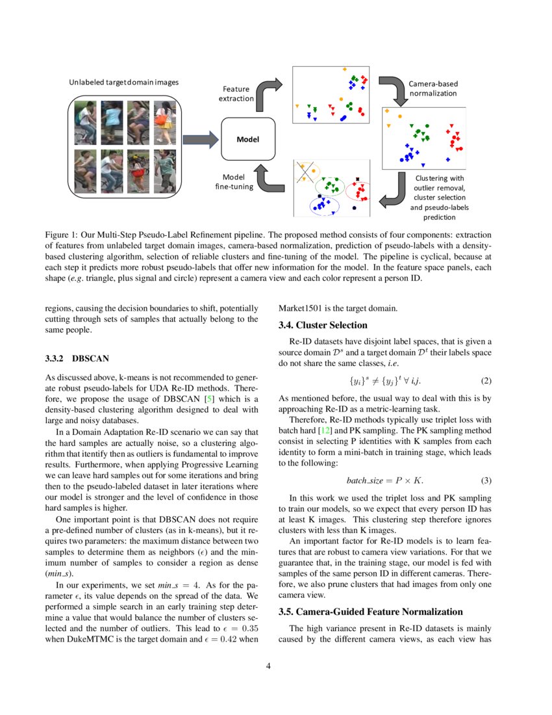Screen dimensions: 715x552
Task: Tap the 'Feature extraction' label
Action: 236,94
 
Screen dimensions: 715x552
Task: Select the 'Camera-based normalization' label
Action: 433,88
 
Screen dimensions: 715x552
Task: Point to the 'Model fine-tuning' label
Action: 233,182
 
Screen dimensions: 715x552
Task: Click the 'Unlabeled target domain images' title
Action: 123,83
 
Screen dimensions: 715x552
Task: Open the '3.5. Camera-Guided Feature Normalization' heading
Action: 370,612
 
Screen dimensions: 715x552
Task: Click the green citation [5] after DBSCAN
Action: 209,398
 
